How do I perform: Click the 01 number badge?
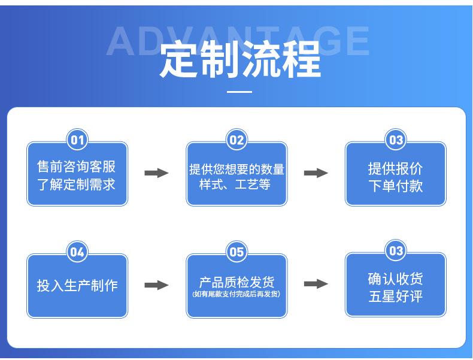(x=77, y=140)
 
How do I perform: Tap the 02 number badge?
(x=236, y=140)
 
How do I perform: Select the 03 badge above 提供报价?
(x=396, y=140)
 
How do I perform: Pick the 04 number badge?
(x=77, y=252)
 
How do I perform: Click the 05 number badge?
(x=236, y=252)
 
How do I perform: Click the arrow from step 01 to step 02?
(x=157, y=173)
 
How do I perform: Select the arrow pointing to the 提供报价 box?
(x=316, y=173)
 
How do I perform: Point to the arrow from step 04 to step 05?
(x=157, y=285)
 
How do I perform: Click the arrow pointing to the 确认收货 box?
(x=316, y=283)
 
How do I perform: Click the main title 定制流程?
(x=240, y=62)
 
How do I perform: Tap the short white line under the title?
(x=240, y=92)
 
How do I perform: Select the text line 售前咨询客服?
(x=77, y=166)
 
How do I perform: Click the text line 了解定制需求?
(x=77, y=184)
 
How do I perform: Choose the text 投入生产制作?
(x=77, y=286)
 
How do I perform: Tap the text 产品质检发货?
(x=236, y=282)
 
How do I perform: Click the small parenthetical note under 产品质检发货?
(x=236, y=294)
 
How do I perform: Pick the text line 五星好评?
(x=396, y=296)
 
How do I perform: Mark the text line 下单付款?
(x=396, y=186)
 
